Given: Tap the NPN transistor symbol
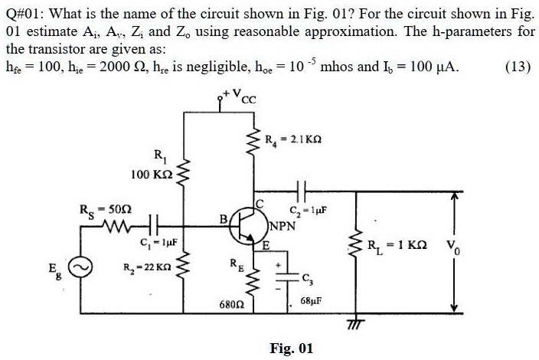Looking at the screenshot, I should (x=247, y=224).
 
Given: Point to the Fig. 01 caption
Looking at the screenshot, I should (x=292, y=349).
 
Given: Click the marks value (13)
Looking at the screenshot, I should (x=518, y=66).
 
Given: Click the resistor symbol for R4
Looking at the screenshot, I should (x=250, y=142).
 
